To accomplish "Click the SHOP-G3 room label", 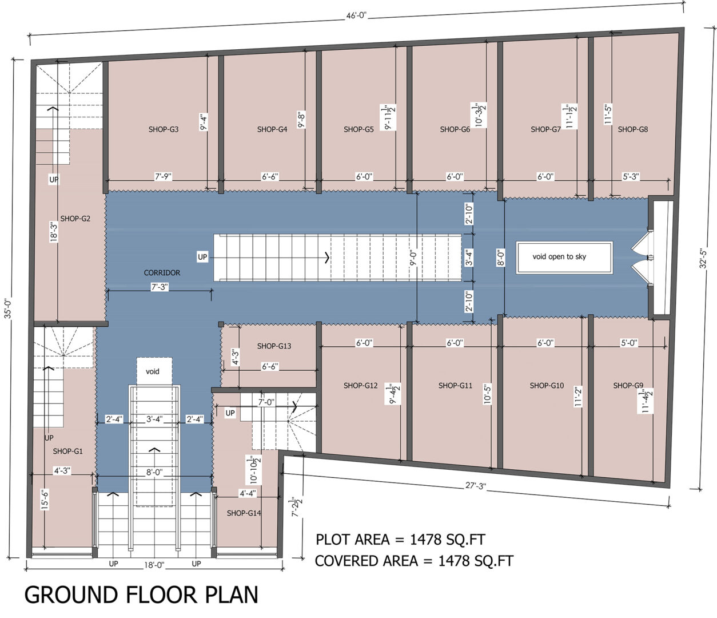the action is point(164,129).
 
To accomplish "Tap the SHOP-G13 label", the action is point(274,346).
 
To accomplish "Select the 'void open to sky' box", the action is point(564,257).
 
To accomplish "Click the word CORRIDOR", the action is point(162,273).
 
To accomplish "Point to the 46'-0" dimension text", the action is point(356,16).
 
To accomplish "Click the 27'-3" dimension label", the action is point(475,486).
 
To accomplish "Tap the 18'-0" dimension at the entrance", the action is point(154,565).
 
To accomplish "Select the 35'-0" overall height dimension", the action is point(7,308).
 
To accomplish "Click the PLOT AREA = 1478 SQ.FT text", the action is point(400,540).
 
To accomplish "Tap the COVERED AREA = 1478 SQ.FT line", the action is point(414,561).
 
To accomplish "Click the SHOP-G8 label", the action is point(633,129).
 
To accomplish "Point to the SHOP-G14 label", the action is point(244,513).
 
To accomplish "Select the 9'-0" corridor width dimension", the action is point(413,258).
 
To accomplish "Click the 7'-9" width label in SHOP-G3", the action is point(163,177).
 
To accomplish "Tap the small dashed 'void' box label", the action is point(153,371).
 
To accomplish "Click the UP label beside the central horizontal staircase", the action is point(202,257).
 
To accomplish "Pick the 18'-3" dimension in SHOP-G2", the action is point(54,232).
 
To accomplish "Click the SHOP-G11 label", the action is point(455,386).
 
